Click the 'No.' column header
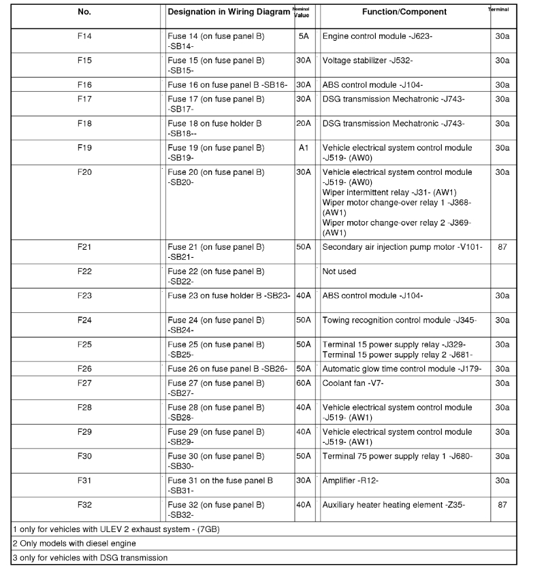(84, 12)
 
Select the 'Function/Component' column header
(404, 12)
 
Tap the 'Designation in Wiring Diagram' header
(229, 12)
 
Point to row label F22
(84, 271)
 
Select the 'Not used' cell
(339, 271)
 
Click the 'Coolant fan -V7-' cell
(353, 383)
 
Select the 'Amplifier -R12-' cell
(350, 481)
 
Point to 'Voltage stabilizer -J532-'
(367, 61)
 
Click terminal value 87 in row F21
(502, 247)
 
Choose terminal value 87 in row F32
(502, 506)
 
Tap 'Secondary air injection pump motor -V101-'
(402, 247)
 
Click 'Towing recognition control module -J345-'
(399, 320)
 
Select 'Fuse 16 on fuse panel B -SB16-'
(227, 85)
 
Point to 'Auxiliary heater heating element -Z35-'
(398, 506)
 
